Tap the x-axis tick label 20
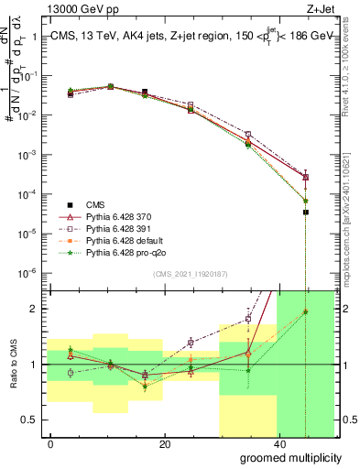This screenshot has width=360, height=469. [x=164, y=443]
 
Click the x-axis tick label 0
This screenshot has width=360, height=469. [x=50, y=443]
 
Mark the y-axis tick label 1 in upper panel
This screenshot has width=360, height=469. [x=34, y=37]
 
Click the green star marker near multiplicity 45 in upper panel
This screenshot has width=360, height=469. [x=306, y=201]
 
